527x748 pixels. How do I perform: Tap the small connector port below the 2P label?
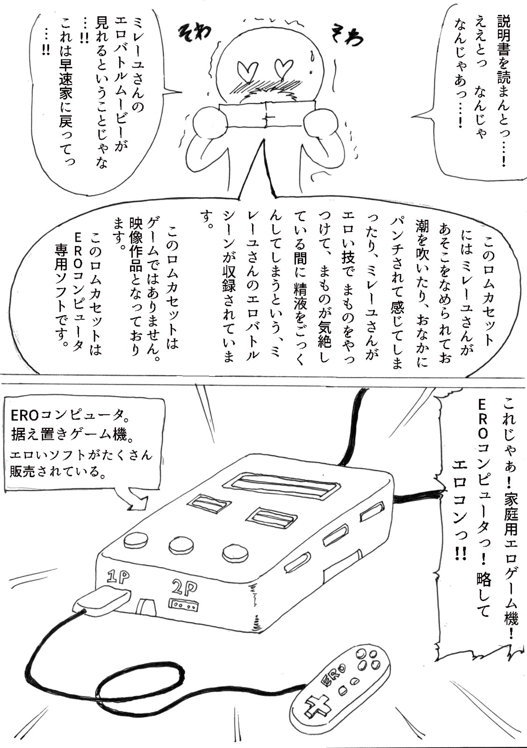tap(183, 605)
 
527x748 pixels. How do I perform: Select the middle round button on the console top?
tap(181, 544)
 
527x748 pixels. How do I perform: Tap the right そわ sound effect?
tap(347, 36)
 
